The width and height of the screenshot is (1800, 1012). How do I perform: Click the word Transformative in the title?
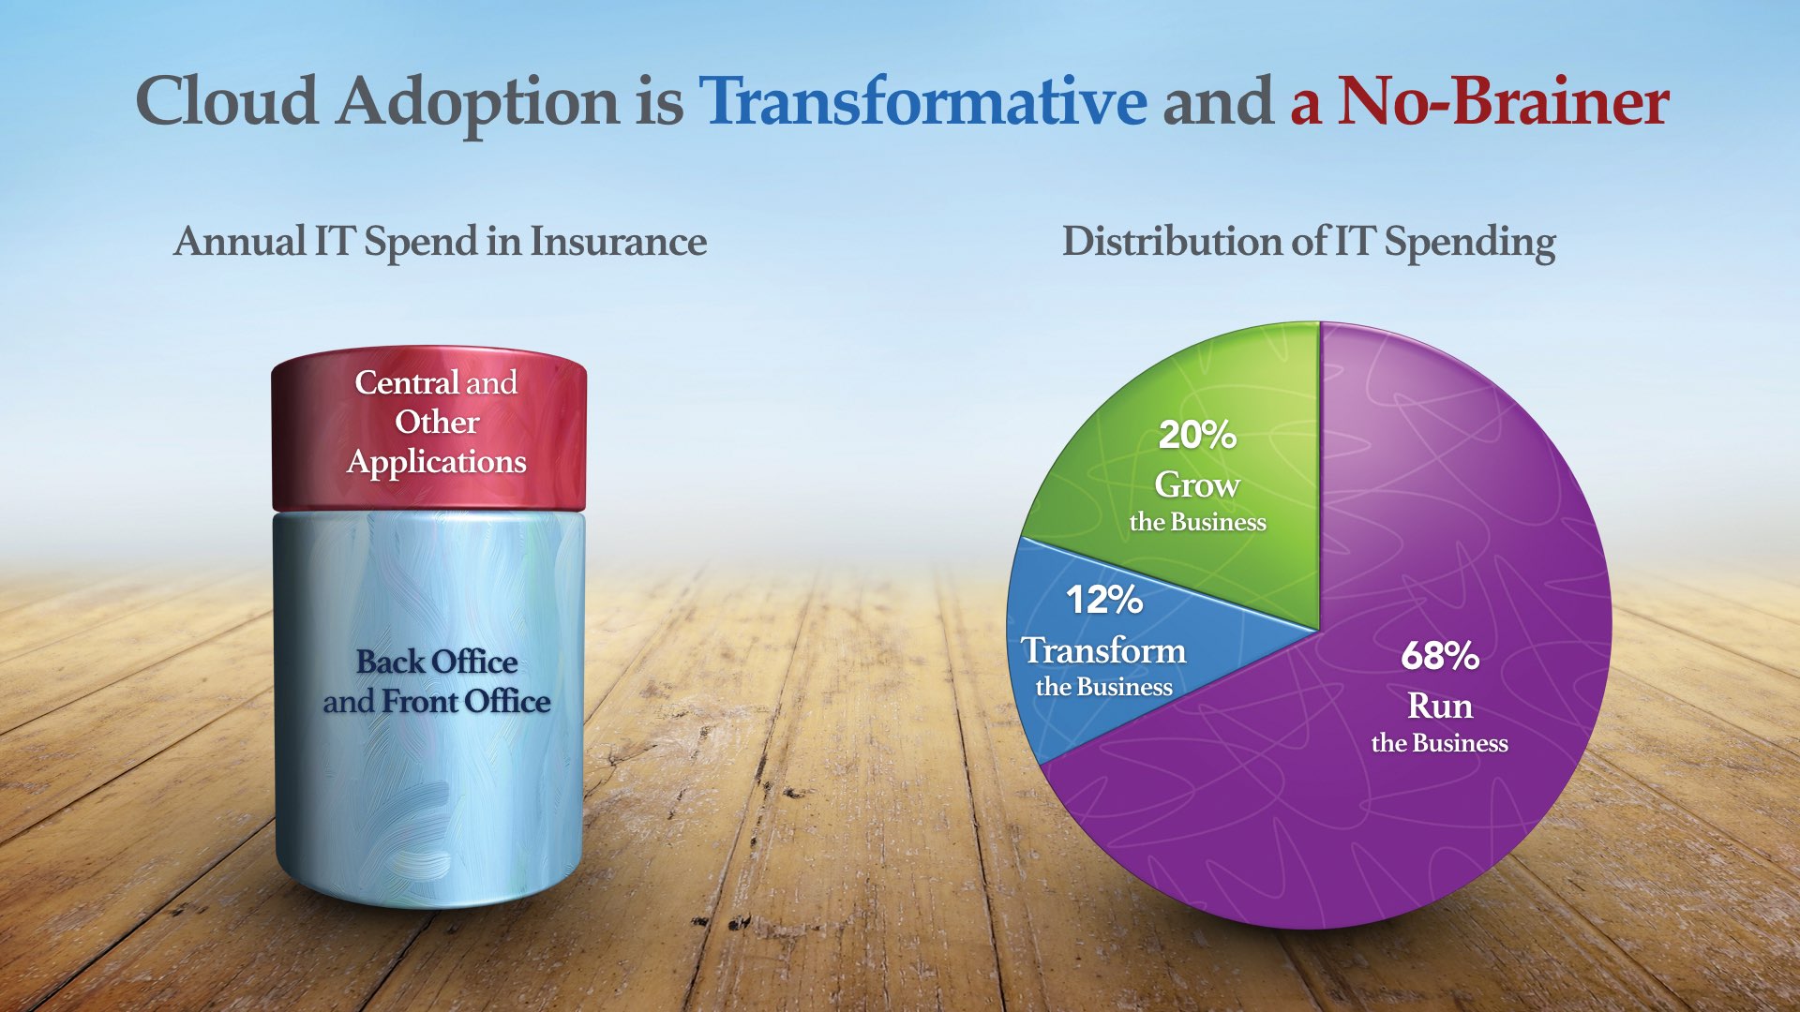pyautogui.click(x=922, y=101)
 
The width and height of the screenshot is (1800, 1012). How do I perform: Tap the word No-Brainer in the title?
pyautogui.click(x=1503, y=101)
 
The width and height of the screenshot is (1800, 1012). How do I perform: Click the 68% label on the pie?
pyautogui.click(x=1440, y=656)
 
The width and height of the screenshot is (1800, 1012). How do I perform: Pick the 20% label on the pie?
pyautogui.click(x=1197, y=435)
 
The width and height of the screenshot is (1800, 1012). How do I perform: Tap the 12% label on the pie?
pyautogui.click(x=1104, y=600)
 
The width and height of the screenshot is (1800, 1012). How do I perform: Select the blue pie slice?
pyautogui.click(x=1125, y=647)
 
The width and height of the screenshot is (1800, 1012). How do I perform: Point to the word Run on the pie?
pyautogui.click(x=1440, y=706)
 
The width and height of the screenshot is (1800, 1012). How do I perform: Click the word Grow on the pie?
pyautogui.click(x=1197, y=484)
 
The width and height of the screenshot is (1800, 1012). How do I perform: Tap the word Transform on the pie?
pyautogui.click(x=1104, y=650)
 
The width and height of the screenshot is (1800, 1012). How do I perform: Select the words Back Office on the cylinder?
pyautogui.click(x=437, y=662)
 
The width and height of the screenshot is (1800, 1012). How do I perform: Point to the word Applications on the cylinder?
pyautogui.click(x=437, y=462)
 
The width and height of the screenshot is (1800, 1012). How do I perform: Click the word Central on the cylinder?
pyautogui.click(x=406, y=382)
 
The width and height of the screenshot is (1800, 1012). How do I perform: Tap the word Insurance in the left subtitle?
pyautogui.click(x=619, y=241)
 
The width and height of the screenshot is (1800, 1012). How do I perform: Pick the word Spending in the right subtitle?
pyautogui.click(x=1470, y=244)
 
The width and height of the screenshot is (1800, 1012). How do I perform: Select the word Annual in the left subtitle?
pyautogui.click(x=240, y=241)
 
